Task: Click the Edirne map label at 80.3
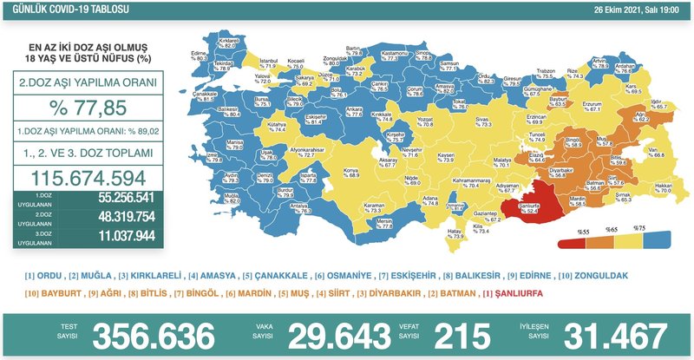click(x=200, y=56)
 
